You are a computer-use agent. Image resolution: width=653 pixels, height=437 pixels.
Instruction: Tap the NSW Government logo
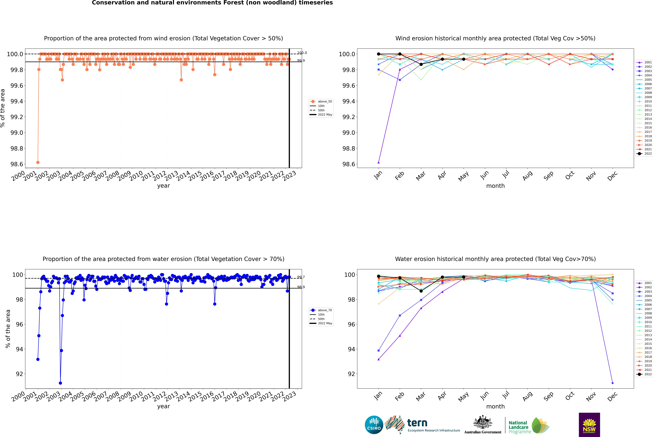[x=589, y=425]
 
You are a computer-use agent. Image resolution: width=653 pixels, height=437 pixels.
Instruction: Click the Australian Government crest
[x=483, y=423]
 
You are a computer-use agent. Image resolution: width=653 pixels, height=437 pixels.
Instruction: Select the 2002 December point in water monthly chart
[x=612, y=383]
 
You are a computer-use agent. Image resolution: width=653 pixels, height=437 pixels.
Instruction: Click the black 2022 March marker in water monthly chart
[x=421, y=291]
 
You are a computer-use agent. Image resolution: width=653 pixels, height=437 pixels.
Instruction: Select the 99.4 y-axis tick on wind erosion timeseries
[x=17, y=101]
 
